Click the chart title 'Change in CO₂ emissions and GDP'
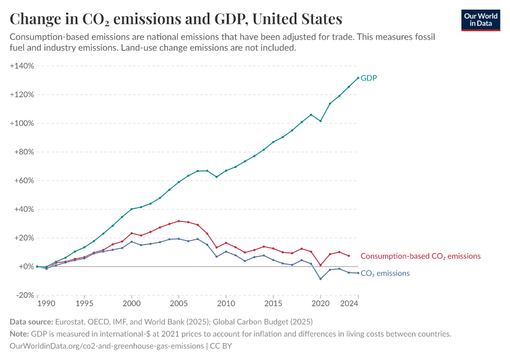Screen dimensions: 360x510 [x=176, y=19]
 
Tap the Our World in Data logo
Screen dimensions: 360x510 [x=481, y=20]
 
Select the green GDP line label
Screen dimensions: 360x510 [x=368, y=78]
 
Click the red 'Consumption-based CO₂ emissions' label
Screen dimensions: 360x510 [x=420, y=256]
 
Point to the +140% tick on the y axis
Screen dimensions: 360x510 [x=22, y=65]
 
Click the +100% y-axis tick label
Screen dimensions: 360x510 [x=22, y=123]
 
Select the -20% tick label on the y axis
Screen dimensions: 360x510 [x=25, y=295]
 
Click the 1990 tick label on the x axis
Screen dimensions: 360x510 [x=37, y=304]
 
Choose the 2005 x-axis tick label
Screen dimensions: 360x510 [x=178, y=304]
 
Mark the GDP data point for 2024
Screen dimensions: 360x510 [x=358, y=77]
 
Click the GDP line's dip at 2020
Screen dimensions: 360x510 [x=320, y=121]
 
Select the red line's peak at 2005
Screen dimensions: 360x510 [x=178, y=221]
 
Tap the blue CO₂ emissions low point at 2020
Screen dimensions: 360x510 [x=320, y=278]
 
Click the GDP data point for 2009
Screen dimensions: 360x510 [x=217, y=177]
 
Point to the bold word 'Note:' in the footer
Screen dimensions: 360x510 [x=21, y=334]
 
